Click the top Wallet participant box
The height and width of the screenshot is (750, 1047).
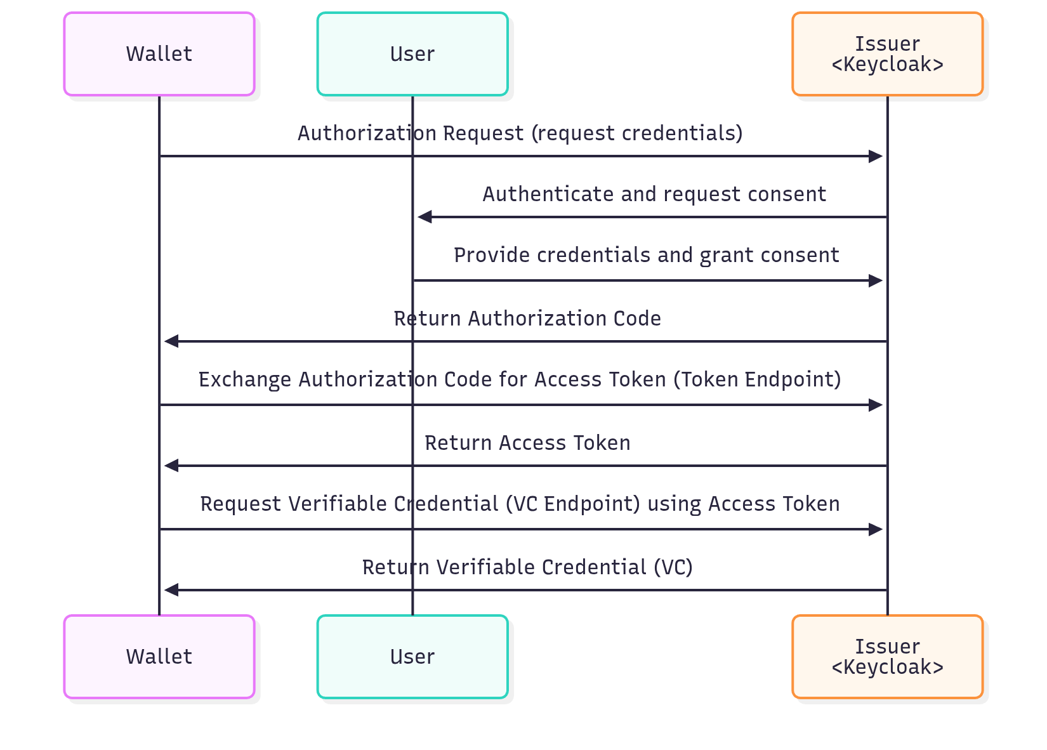(x=159, y=54)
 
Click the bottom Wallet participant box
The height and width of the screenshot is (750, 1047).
(x=159, y=657)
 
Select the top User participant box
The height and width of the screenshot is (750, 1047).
(x=412, y=54)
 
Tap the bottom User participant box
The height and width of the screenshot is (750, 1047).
(x=412, y=657)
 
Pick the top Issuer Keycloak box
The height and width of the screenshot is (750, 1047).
(x=887, y=54)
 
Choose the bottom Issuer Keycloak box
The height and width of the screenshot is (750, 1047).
(x=887, y=657)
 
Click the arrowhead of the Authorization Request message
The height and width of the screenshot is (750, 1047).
(x=876, y=156)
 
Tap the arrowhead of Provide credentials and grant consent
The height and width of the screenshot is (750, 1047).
(x=876, y=280)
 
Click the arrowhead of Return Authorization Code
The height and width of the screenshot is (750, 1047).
(x=171, y=341)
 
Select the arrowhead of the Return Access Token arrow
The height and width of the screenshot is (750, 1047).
(x=171, y=466)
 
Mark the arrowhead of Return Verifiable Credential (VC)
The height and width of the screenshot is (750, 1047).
(x=171, y=590)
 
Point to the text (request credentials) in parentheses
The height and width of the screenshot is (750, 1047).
(x=636, y=133)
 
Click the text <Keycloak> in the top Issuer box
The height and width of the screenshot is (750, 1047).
(x=887, y=65)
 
